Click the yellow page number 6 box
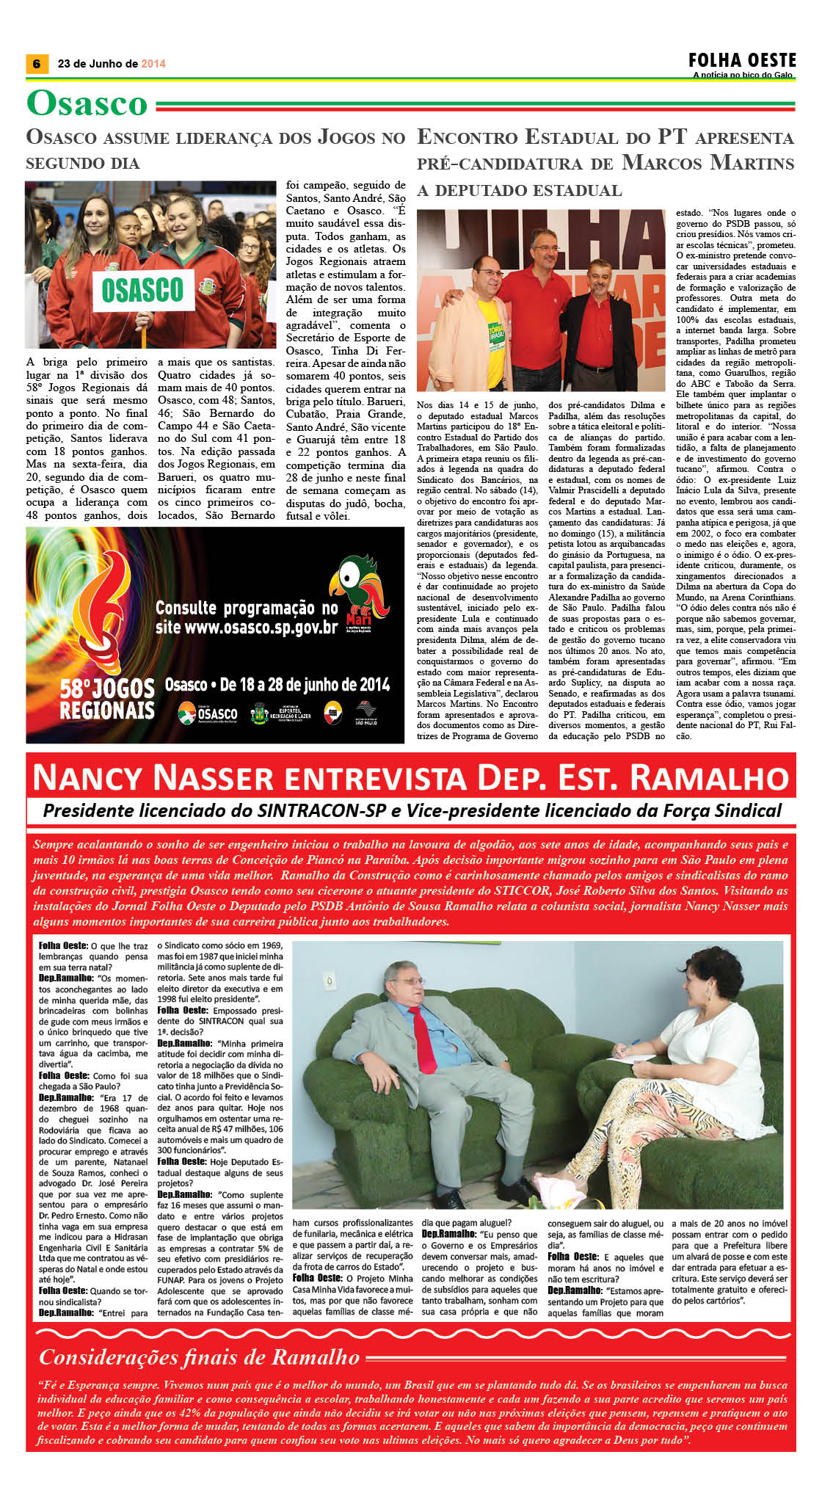[x=36, y=64]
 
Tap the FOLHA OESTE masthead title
[x=742, y=60]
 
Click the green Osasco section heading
[x=87, y=103]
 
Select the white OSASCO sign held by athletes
[x=142, y=290]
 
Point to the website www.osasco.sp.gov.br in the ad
[x=247, y=628]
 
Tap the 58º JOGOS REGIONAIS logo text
[x=107, y=700]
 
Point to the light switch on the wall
[x=330, y=981]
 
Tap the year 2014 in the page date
[x=153, y=64]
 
